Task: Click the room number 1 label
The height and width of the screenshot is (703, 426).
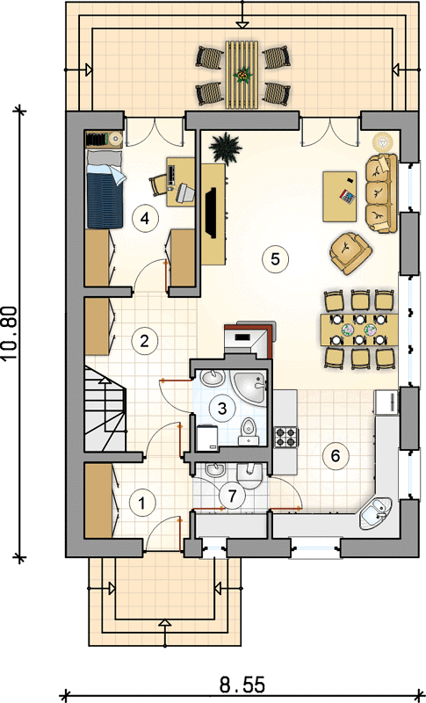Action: tap(142, 503)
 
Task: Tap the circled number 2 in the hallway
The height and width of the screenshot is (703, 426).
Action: tap(144, 341)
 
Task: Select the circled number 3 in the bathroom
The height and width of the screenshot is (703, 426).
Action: tap(221, 408)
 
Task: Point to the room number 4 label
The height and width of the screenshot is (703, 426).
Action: tap(144, 218)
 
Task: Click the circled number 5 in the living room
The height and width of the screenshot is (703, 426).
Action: tap(275, 258)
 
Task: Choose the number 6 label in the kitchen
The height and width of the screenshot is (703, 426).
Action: tap(335, 455)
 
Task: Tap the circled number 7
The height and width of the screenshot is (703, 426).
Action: tap(232, 496)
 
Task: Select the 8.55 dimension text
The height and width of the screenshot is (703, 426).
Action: tap(242, 685)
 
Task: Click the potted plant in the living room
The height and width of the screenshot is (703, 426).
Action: tap(226, 148)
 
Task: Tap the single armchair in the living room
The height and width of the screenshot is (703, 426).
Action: tap(350, 253)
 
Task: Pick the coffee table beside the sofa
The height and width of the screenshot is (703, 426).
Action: tap(340, 196)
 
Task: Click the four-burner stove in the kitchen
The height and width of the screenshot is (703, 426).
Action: tap(286, 437)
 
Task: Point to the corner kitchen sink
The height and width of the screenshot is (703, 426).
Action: tap(375, 513)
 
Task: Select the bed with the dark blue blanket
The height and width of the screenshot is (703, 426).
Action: tap(105, 189)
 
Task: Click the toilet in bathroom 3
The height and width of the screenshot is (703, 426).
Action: tap(248, 432)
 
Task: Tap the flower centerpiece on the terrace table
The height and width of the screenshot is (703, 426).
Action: tap(242, 76)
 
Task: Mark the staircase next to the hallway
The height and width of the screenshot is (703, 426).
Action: tap(105, 408)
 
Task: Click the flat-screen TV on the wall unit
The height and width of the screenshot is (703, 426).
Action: tap(211, 212)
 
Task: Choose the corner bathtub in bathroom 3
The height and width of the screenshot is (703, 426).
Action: tap(249, 388)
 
